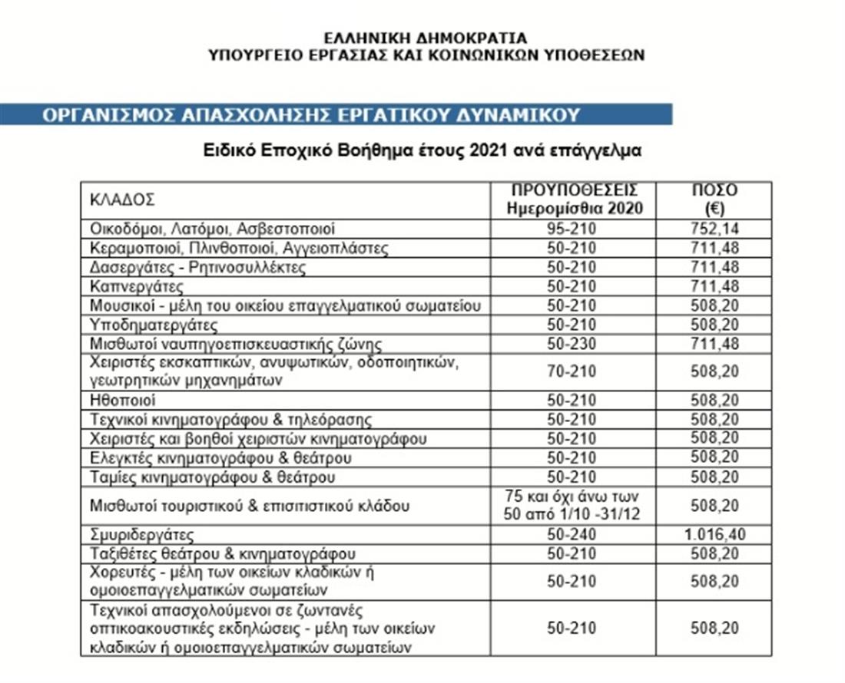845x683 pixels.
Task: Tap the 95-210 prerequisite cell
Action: click(571, 229)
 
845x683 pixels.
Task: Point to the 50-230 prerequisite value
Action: click(571, 343)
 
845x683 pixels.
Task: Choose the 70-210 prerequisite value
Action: click(571, 371)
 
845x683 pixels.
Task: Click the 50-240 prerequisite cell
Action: click(571, 535)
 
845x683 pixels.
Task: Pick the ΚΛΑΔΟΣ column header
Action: click(122, 200)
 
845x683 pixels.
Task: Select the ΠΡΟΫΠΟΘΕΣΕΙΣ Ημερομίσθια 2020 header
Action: click(571, 200)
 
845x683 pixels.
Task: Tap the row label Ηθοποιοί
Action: click(123, 401)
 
